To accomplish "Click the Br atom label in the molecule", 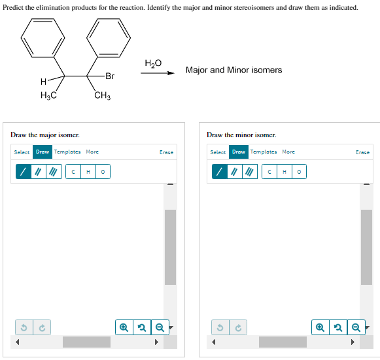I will click(x=109, y=76).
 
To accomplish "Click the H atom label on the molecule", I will click(x=43, y=82).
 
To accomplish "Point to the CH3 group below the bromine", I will click(x=102, y=97).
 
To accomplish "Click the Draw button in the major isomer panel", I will click(x=43, y=152).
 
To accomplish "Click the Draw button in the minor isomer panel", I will click(x=239, y=152).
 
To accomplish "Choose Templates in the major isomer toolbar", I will click(x=67, y=152).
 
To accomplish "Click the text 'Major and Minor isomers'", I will click(x=233, y=70).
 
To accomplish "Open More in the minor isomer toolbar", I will click(x=288, y=152).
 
